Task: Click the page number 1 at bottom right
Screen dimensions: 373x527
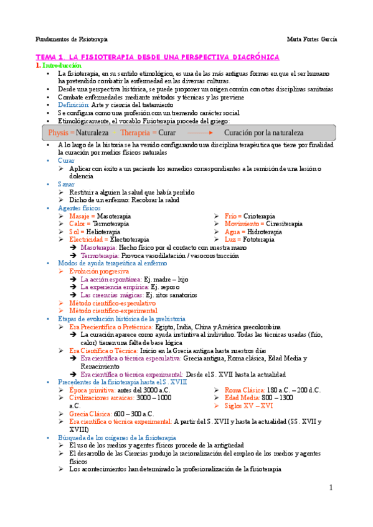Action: (331, 488)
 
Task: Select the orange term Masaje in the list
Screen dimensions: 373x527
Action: (79, 216)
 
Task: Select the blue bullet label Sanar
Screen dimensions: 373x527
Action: (65, 185)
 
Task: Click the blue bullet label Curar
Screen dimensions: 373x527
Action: (65, 160)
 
